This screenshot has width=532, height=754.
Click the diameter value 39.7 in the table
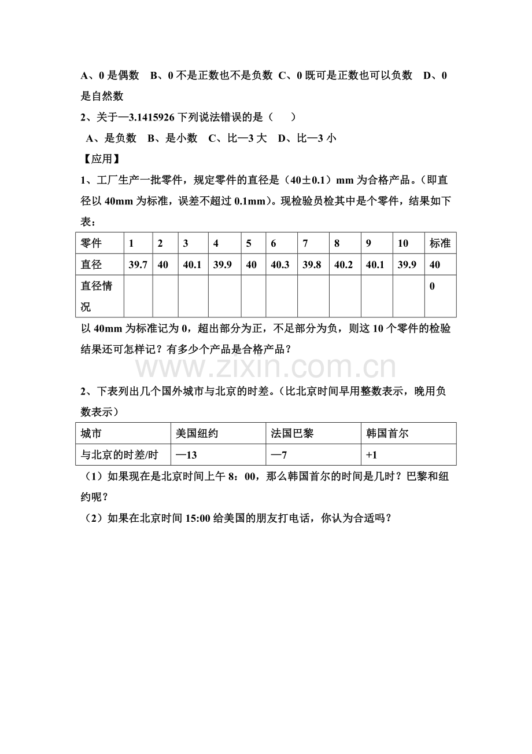138,265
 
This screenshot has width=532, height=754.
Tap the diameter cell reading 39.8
312,265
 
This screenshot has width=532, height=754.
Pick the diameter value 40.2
343,265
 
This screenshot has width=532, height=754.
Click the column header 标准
439,244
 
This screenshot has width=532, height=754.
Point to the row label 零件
91,244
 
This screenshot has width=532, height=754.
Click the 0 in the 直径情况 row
433,287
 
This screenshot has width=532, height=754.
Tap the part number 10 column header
403,244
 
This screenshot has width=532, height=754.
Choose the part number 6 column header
274,244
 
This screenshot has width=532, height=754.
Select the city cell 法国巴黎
292,433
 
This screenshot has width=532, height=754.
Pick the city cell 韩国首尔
387,433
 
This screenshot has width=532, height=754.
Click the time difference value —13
186,455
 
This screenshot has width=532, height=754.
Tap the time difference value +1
371,455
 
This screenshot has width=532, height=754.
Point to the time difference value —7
279,455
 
